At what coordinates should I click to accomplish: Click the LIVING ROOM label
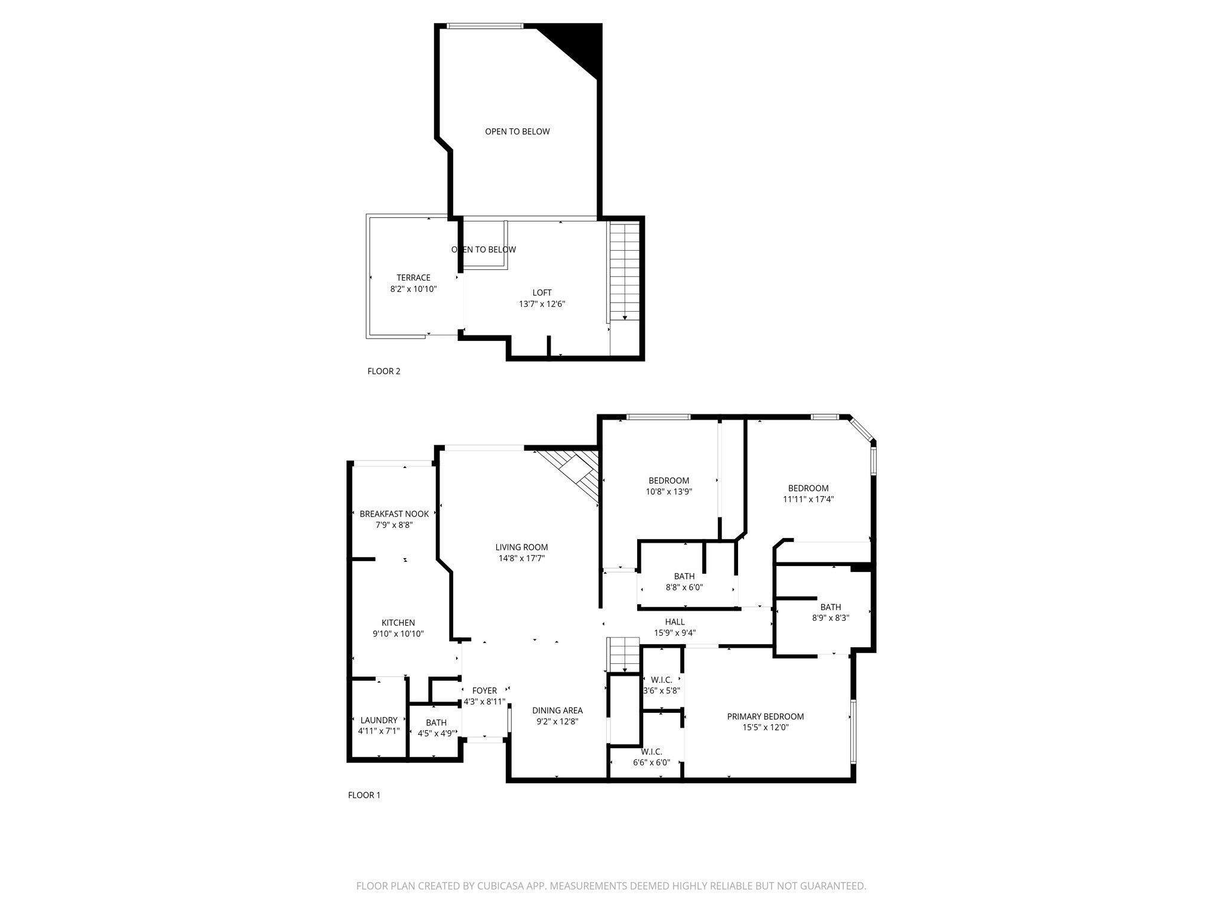pyautogui.click(x=521, y=547)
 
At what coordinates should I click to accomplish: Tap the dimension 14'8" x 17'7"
pyautogui.click(x=521, y=559)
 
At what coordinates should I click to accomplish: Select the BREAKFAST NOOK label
pyautogui.click(x=394, y=514)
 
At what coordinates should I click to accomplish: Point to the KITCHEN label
pyautogui.click(x=398, y=623)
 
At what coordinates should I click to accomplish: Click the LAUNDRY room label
pyautogui.click(x=379, y=720)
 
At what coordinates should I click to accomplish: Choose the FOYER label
pyautogui.click(x=484, y=691)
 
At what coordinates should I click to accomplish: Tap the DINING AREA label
pyautogui.click(x=557, y=710)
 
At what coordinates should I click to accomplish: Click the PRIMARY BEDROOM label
pyautogui.click(x=765, y=716)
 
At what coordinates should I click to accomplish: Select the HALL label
pyautogui.click(x=675, y=622)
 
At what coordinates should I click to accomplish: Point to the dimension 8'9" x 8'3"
pyautogui.click(x=830, y=618)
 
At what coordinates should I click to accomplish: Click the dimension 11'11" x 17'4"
pyautogui.click(x=808, y=500)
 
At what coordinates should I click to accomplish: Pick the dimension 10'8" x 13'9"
pyautogui.click(x=669, y=492)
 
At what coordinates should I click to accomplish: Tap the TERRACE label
pyautogui.click(x=413, y=278)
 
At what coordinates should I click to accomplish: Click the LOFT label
pyautogui.click(x=542, y=293)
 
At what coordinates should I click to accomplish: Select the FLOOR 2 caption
pyautogui.click(x=383, y=371)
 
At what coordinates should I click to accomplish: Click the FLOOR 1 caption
pyautogui.click(x=364, y=795)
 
